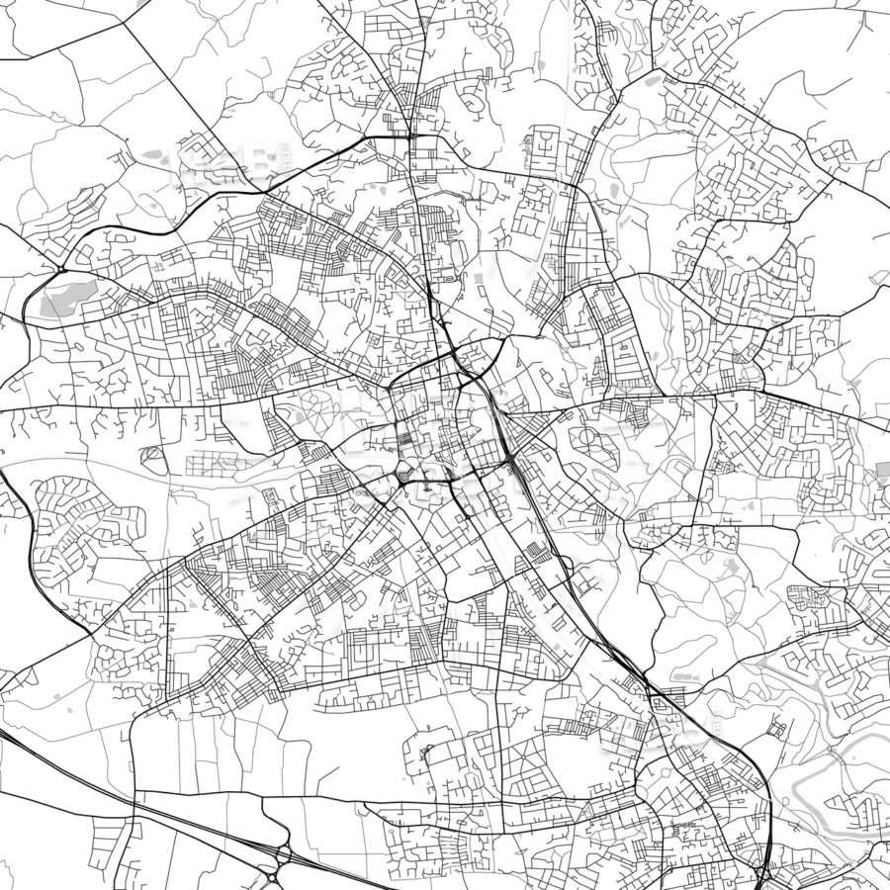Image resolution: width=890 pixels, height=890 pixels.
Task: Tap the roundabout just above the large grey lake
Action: pos(61,269)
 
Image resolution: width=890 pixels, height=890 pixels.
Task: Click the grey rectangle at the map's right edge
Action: pos(883,473)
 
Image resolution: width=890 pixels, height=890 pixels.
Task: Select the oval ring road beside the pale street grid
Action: pos(153,456)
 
